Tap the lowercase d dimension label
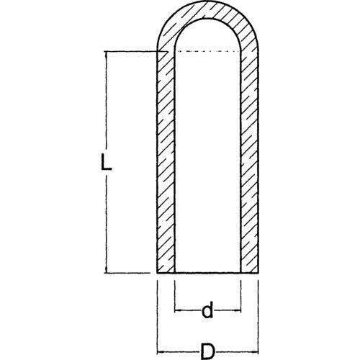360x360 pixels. point(207,311)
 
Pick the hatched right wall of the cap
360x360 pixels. point(249,166)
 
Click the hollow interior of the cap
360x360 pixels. point(207,166)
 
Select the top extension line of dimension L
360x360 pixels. point(133,51)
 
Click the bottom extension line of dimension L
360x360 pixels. point(133,273)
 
